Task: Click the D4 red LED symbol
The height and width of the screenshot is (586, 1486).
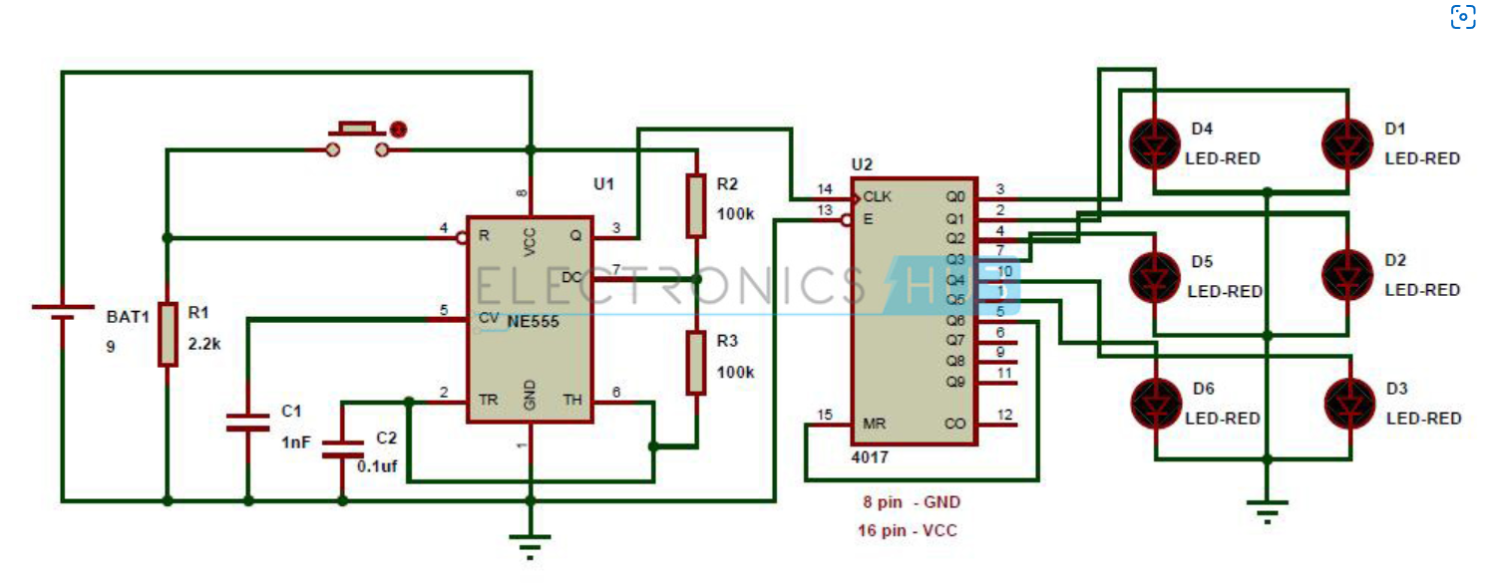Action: [x=1154, y=145]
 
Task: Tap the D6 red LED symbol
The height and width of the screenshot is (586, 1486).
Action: [x=1156, y=403]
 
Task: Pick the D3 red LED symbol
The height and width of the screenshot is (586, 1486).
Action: [x=1348, y=403]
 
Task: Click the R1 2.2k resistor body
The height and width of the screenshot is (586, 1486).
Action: [x=168, y=333]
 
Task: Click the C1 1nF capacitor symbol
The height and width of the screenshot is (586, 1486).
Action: [x=246, y=421]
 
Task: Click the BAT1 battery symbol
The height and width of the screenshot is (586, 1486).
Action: [x=63, y=313]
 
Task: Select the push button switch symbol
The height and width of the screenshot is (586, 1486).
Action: [x=355, y=140]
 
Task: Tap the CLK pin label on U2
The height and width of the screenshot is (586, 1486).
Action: [x=878, y=195]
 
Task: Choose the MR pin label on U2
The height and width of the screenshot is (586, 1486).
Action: [x=874, y=424]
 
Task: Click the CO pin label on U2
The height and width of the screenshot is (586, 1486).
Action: [x=954, y=424]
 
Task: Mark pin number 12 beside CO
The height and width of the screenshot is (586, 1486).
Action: [x=1004, y=415]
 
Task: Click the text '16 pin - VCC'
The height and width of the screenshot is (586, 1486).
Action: [x=907, y=530]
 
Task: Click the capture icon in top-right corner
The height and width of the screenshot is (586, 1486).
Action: [x=1462, y=17]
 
